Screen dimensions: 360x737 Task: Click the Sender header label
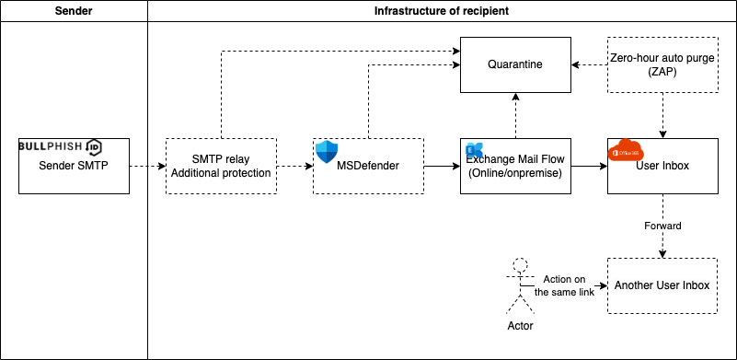pyautogui.click(x=74, y=11)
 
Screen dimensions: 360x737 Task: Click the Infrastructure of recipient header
pyautogui.click(x=442, y=11)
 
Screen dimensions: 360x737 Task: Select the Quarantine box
pyautogui.click(x=515, y=64)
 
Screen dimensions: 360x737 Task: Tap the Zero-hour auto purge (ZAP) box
pyautogui.click(x=662, y=64)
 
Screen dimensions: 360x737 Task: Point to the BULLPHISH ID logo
pyautogui.click(x=61, y=147)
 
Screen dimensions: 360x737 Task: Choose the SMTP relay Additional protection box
pyautogui.click(x=221, y=166)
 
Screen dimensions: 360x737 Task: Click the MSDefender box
pyautogui.click(x=368, y=166)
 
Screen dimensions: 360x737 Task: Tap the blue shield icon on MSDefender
pyautogui.click(x=328, y=152)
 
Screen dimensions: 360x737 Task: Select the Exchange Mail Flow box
pyautogui.click(x=515, y=166)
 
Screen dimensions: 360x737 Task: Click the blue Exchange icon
pyautogui.click(x=474, y=150)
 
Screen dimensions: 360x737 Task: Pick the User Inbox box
pyautogui.click(x=662, y=166)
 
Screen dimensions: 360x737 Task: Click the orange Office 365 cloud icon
pyautogui.click(x=626, y=150)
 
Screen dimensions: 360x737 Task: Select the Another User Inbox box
pyautogui.click(x=662, y=285)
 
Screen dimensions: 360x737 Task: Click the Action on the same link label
pyautogui.click(x=564, y=286)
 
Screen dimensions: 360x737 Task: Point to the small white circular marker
pyautogui.click(x=520, y=265)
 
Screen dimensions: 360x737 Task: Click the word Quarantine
pyautogui.click(x=515, y=64)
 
